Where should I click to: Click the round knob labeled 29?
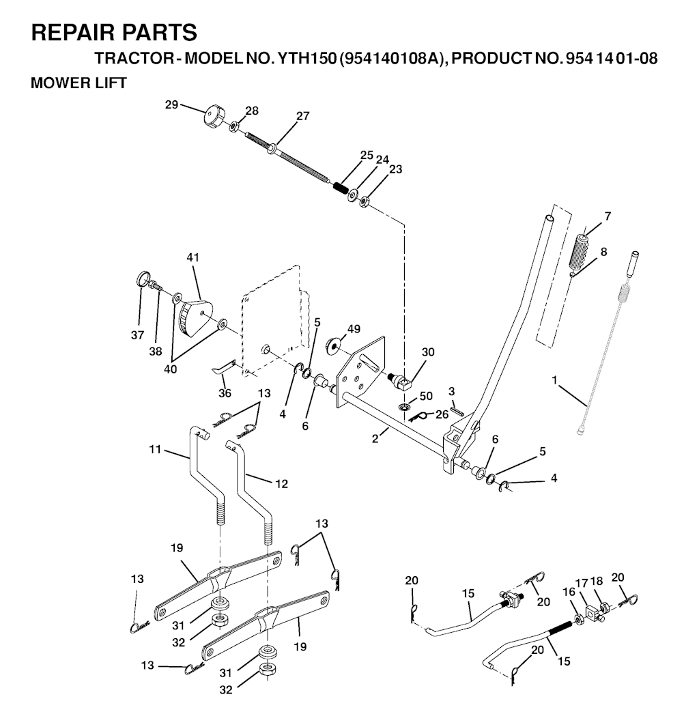click(x=212, y=117)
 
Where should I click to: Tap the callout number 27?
click(x=303, y=116)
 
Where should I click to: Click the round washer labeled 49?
click(x=332, y=345)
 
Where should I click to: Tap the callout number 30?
click(x=428, y=352)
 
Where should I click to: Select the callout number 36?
click(x=225, y=392)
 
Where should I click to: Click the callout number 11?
click(x=155, y=449)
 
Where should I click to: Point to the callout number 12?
click(x=282, y=483)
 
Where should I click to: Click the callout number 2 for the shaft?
click(x=375, y=440)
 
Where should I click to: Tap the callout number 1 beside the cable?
click(x=554, y=380)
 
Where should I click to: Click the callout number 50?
click(x=426, y=396)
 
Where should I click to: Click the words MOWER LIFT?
click(x=79, y=83)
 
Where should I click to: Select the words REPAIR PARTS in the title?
click(x=114, y=33)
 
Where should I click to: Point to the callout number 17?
click(x=582, y=582)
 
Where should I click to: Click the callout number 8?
click(x=604, y=252)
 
